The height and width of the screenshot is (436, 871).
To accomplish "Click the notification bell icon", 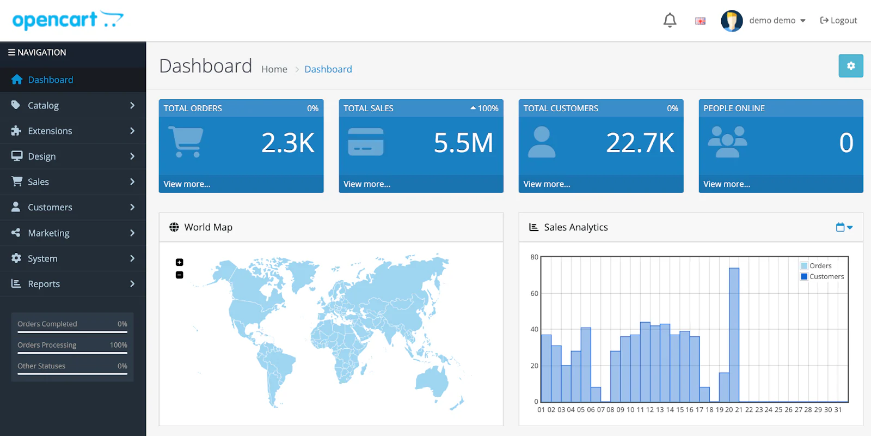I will coord(670,21).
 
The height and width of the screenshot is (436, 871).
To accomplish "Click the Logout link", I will coord(838,21).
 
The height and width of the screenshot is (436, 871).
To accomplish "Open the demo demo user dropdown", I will coord(776,21).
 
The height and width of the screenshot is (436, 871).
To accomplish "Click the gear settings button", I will coord(850,66).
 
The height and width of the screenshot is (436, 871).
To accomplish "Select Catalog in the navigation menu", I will coord(44,106).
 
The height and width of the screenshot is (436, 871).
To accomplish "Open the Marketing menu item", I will coord(49,233).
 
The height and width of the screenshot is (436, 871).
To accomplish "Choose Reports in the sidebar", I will coord(44,284).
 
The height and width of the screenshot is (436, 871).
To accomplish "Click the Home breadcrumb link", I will coord(274,69).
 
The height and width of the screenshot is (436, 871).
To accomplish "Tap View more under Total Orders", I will coord(187,184).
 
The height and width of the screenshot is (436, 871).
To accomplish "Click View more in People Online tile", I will coord(726,184).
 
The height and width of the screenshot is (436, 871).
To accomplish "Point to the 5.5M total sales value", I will coord(463,143).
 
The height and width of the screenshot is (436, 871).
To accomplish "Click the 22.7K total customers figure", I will coord(640,143).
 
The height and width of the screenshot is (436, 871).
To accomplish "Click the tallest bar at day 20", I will coord(734,335).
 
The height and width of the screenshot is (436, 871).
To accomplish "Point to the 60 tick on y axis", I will coord(534,294).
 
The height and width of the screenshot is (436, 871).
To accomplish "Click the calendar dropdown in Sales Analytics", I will coord(844,227).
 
